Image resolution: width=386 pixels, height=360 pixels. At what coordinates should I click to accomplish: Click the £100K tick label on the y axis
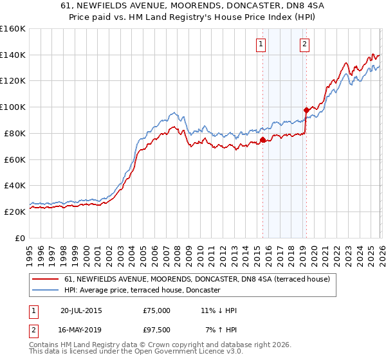coord(12,107)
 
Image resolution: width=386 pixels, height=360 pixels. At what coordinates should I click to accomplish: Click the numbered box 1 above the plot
coord(261,44)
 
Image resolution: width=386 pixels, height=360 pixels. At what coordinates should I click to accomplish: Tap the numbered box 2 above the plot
coord(304,44)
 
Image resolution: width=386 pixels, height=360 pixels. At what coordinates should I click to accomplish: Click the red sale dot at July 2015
coord(262,139)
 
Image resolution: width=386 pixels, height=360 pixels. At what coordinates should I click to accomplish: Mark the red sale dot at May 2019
coord(306,110)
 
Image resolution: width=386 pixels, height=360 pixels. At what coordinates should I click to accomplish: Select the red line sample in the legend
coord(46,279)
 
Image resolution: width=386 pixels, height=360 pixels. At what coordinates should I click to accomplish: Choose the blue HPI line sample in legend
coord(46,291)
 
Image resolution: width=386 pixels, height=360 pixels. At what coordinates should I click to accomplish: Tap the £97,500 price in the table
coord(157,330)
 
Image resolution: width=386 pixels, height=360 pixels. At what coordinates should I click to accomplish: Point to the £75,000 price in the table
coord(157,310)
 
